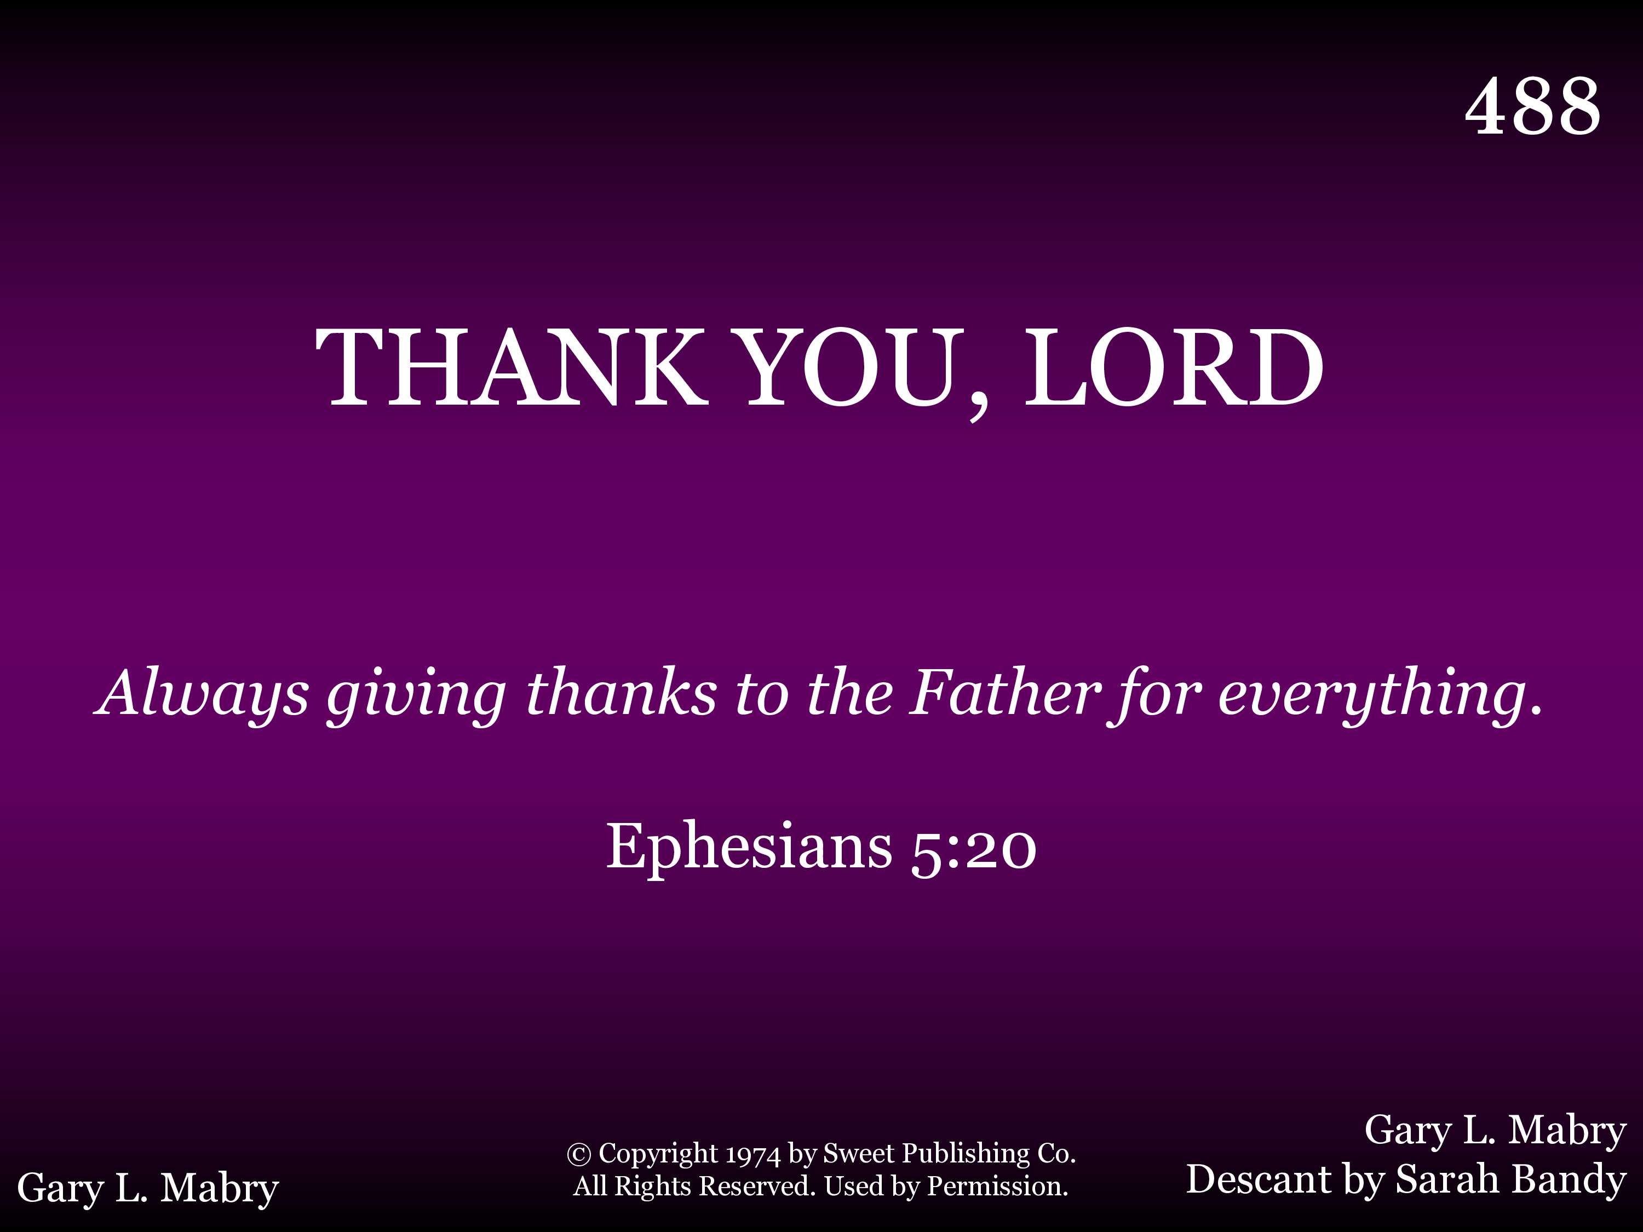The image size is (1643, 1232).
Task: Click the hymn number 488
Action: click(x=1533, y=106)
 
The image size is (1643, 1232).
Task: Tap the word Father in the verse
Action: click(x=1004, y=692)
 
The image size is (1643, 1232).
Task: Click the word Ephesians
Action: click(x=749, y=848)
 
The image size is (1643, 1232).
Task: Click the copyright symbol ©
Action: click(x=579, y=1154)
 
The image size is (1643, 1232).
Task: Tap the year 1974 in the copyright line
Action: click(x=752, y=1155)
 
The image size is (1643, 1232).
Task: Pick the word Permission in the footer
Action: click(x=997, y=1187)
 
